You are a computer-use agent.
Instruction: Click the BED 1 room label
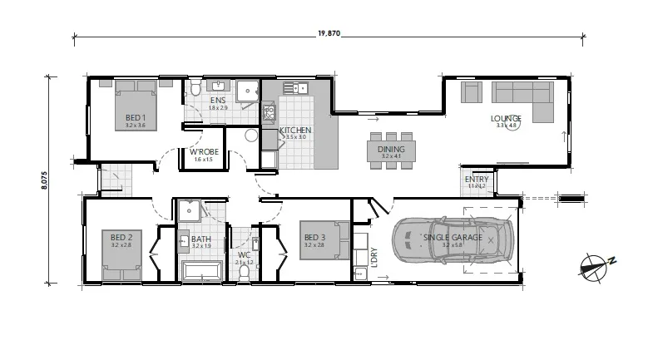pos(136,117)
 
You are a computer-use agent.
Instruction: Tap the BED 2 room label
pos(122,237)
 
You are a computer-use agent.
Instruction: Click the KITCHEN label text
pos(295,131)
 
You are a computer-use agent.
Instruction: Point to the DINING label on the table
pos(391,149)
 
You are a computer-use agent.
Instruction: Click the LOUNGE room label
pos(506,118)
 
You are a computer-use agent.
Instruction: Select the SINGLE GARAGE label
pos(452,238)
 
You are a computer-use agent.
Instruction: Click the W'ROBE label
pos(204,152)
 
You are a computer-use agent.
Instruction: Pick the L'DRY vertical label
pos(374,258)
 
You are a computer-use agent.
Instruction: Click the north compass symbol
pos(596,265)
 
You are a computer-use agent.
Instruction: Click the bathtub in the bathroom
pos(201,270)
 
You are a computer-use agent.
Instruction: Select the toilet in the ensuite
pos(195,89)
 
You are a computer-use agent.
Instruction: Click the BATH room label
pos(201,239)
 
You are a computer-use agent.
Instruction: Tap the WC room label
pos(244,255)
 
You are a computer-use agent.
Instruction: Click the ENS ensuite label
pos(217,101)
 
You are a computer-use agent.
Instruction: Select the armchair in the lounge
pos(471,91)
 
